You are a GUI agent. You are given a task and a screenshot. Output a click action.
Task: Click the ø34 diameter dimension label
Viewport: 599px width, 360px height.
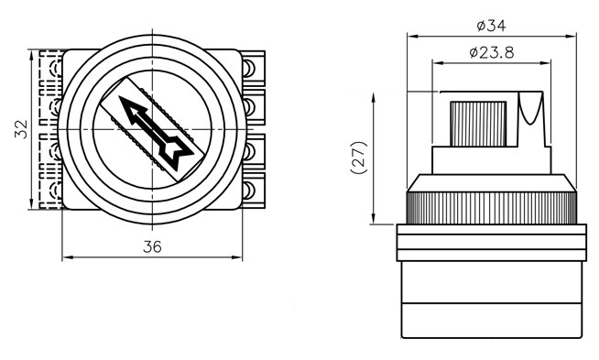coord(491,26)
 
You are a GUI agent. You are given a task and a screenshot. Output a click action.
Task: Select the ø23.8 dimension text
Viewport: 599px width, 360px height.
coord(492,52)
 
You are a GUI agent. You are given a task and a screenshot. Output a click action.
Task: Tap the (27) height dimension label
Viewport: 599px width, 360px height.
coord(359,158)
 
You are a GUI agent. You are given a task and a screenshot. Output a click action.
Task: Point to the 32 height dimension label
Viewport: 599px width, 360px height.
coord(21,129)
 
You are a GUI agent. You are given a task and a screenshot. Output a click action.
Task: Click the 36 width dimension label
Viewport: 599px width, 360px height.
coord(152,247)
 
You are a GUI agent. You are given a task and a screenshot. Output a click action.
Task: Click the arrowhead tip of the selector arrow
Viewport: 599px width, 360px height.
coord(120,97)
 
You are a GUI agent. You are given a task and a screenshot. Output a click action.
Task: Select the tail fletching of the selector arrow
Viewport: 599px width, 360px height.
coord(177,153)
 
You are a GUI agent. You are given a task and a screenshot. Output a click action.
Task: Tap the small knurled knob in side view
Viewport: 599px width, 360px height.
coord(478,124)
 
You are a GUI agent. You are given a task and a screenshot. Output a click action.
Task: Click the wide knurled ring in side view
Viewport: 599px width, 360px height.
coord(491,208)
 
